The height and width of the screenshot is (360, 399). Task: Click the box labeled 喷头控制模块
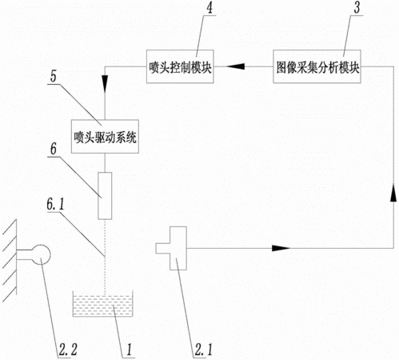pos(180,66)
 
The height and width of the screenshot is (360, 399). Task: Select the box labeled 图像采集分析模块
pos(317,66)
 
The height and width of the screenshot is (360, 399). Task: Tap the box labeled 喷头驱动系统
pos(105,136)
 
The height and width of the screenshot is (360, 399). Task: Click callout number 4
pos(209,8)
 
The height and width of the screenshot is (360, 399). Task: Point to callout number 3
pos(357,8)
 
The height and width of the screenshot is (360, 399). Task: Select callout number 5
pos(54,76)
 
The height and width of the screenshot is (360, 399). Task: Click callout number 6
pos(54,149)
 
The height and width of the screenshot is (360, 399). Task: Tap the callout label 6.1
pos(55,204)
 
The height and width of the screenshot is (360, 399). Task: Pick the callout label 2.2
pos(68,350)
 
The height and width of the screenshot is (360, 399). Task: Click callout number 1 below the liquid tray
pos(130,350)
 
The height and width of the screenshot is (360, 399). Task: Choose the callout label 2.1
pos(204,350)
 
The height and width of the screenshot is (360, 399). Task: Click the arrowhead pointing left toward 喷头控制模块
pos(236,66)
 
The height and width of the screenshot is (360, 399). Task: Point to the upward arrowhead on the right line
pos(393,193)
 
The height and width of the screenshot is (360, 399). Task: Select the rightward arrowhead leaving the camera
pos(281,248)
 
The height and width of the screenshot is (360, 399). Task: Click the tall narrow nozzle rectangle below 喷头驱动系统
pos(105,196)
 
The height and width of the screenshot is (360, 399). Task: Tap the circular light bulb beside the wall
pos(41,254)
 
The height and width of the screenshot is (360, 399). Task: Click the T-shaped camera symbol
pos(172,248)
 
